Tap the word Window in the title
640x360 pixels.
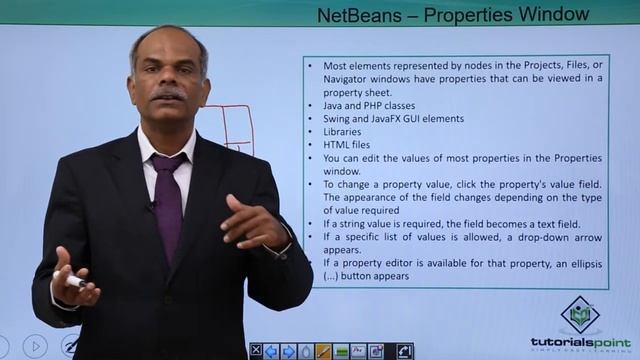[555, 15]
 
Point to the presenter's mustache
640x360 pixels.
[169, 96]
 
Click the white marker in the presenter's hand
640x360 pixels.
[76, 282]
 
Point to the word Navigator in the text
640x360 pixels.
[351, 79]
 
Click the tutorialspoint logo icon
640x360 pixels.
[580, 314]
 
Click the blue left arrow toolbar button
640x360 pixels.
[271, 351]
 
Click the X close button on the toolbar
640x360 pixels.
[255, 351]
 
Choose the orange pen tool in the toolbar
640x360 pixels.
[323, 351]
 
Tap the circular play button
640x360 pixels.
[35, 347]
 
